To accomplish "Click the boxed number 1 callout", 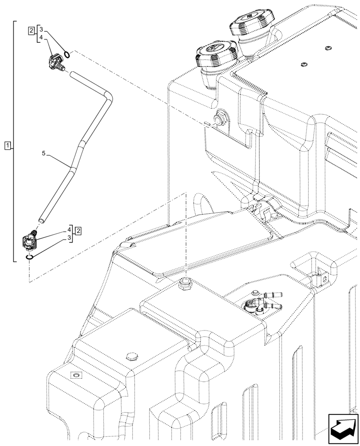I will coord(8,145).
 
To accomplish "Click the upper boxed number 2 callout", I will coord(31,31).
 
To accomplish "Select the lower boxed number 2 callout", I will coord(78,231).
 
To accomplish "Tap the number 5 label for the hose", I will coord(44,153).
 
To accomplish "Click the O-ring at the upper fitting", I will coord(67,54).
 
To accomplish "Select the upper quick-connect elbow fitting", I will coord(55,62).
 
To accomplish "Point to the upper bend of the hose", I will coord(107,95).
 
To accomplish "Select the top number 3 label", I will coord(41,29).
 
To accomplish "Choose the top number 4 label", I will coord(41,38).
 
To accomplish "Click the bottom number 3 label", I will coord(70,238).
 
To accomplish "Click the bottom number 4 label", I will coord(70,230).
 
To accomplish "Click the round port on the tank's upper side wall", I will coord(219,119).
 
